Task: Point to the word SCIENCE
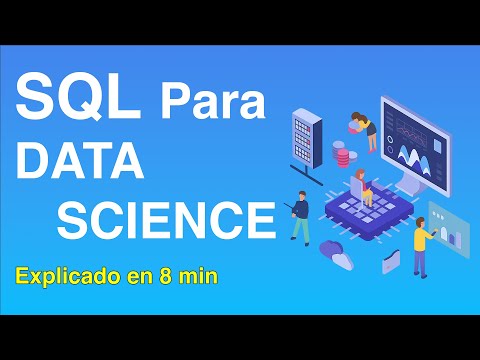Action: point(165,218)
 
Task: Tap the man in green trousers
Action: point(299,217)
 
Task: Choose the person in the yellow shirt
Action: point(421,246)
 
